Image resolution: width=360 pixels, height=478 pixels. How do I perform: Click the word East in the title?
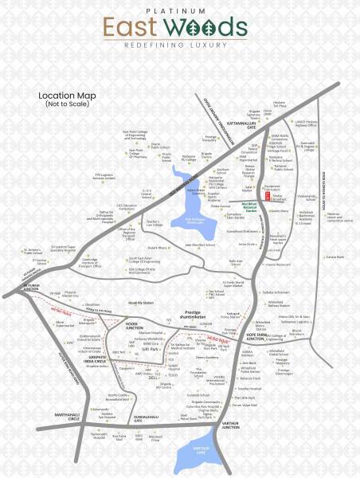(x=132, y=29)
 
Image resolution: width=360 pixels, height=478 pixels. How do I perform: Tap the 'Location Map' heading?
(x=67, y=96)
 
